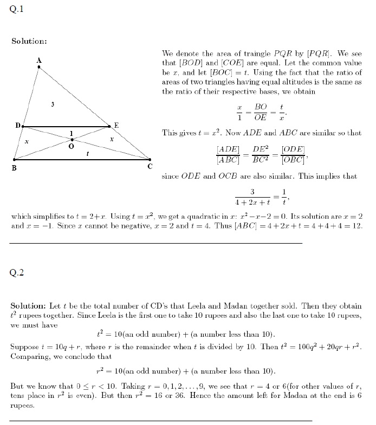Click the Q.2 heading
pos(17,272)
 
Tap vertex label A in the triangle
pos(38,60)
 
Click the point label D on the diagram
pos(17,126)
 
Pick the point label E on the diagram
pos(115,125)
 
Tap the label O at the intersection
pos(71,146)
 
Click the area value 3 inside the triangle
pos(52,103)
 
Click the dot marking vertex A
pos(39,67)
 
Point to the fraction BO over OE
pos(261,112)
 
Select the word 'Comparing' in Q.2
pos(28,356)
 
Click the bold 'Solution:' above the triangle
pos(29,41)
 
